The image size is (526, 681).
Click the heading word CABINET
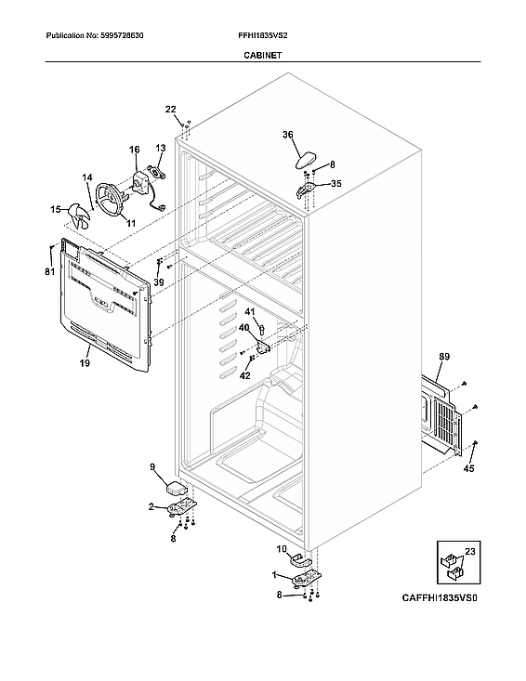(x=262, y=56)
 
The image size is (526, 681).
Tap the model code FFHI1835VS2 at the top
(x=264, y=35)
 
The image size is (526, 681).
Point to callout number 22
(x=170, y=110)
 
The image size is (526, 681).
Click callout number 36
(x=288, y=135)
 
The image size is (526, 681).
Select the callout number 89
(x=444, y=357)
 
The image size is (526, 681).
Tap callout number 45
(x=468, y=469)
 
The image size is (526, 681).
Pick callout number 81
(x=49, y=271)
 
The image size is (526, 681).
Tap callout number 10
(x=282, y=549)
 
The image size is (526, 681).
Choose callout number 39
(x=158, y=282)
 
